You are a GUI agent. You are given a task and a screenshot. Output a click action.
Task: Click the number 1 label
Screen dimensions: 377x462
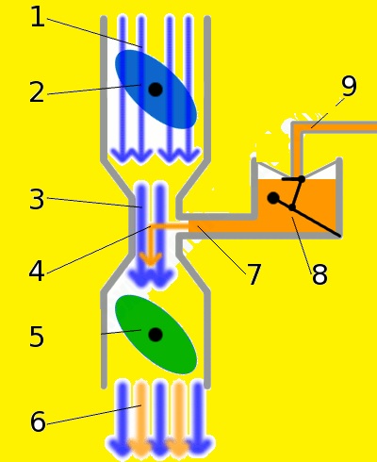click(38, 17)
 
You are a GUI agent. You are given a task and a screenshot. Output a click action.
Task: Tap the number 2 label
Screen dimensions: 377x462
click(37, 91)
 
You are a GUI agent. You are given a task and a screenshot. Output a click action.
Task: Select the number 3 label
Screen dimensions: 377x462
click(37, 199)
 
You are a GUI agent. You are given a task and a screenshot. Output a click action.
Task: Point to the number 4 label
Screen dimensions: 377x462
click(37, 272)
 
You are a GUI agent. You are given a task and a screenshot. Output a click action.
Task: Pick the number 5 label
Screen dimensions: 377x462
click(37, 336)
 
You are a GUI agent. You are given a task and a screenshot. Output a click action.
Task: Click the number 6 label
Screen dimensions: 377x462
click(38, 421)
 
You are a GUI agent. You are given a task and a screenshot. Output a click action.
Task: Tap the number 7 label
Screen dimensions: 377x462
click(254, 274)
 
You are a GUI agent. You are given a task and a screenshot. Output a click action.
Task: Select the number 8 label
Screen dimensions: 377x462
click(320, 274)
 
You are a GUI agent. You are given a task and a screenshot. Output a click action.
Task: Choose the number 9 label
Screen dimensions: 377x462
click(349, 86)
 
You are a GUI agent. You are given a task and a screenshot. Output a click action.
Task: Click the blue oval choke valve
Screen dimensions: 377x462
click(156, 90)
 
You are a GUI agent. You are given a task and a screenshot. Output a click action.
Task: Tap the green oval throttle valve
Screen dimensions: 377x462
click(156, 335)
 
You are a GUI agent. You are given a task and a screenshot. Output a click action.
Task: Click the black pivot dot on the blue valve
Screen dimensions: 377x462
click(156, 90)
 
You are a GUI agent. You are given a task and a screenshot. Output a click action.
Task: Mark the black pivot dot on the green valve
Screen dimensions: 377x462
click(156, 335)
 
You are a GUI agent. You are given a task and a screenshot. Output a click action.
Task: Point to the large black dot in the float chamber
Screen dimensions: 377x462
click(273, 198)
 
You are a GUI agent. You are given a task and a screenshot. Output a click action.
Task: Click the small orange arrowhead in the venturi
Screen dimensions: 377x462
click(151, 259)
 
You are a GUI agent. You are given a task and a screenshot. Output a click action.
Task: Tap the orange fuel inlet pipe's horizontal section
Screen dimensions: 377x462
click(339, 127)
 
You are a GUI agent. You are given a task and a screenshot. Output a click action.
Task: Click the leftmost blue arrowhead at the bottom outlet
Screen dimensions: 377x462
click(118, 445)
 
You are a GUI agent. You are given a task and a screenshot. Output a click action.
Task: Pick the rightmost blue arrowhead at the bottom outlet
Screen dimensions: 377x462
click(201, 445)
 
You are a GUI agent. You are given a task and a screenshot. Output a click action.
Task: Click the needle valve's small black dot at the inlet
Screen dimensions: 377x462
click(302, 179)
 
